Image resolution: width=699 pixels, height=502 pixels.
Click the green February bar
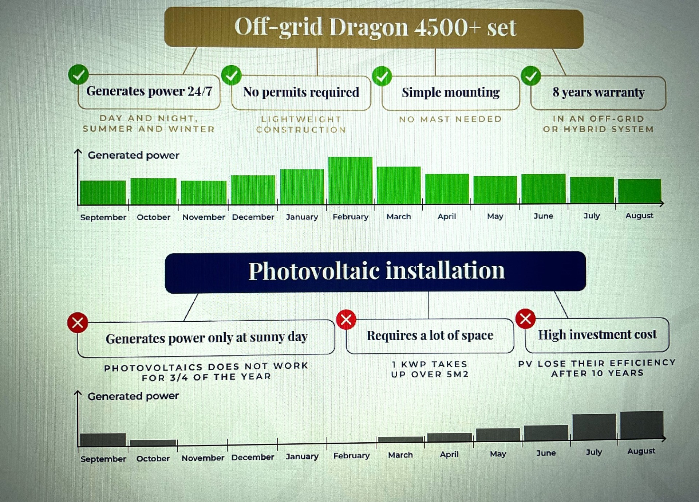click(x=350, y=180)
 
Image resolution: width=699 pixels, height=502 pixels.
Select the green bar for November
click(x=204, y=193)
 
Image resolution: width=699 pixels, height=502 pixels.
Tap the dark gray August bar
click(x=642, y=425)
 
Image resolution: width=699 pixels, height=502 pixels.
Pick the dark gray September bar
click(x=103, y=440)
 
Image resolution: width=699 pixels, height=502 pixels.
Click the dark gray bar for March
click(x=400, y=439)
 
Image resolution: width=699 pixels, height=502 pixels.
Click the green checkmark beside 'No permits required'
click(x=232, y=75)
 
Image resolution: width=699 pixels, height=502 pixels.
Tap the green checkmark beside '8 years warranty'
click(x=531, y=76)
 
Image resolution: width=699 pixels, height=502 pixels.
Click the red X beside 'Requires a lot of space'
click(x=346, y=320)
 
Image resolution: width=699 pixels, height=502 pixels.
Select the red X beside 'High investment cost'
click(x=526, y=319)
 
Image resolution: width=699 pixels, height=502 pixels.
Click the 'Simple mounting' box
click(x=451, y=93)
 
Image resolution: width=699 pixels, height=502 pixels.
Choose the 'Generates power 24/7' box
click(x=149, y=91)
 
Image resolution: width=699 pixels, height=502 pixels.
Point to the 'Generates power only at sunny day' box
click(x=206, y=338)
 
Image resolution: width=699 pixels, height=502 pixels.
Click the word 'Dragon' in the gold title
click(x=368, y=28)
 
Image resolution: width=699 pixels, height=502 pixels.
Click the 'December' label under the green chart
click(x=253, y=217)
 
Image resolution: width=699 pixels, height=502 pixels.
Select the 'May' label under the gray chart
click(x=498, y=454)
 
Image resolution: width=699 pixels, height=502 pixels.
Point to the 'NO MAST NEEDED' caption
click(x=451, y=119)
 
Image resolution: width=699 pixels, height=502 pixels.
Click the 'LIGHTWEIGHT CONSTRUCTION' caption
click(x=301, y=125)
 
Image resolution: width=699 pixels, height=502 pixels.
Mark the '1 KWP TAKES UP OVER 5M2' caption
click(x=430, y=369)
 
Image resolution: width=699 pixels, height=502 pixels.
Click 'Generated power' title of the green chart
click(x=134, y=155)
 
